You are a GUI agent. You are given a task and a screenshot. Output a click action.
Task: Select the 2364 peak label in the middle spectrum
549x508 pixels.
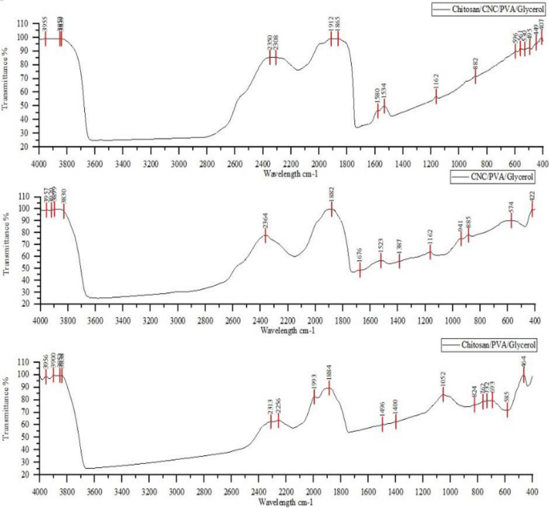click(265, 220)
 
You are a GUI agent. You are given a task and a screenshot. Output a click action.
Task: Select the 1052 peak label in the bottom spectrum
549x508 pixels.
click(442, 378)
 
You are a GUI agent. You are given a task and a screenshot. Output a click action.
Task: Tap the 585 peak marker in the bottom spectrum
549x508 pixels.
click(507, 409)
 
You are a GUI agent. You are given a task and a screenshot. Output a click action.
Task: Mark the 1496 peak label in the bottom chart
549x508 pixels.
click(382, 409)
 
